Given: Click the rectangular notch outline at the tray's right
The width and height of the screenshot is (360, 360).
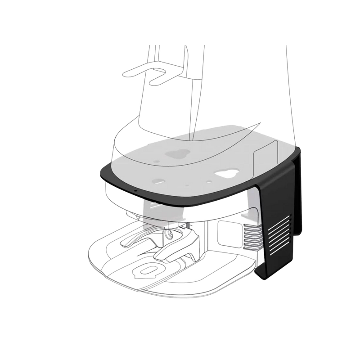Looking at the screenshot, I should [265, 155].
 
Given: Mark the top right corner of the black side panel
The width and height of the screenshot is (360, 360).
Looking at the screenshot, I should [299, 153].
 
